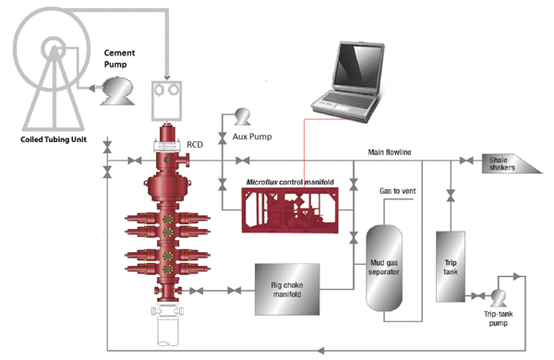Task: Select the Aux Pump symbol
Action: click(244, 115)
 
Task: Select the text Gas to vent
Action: click(400, 192)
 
